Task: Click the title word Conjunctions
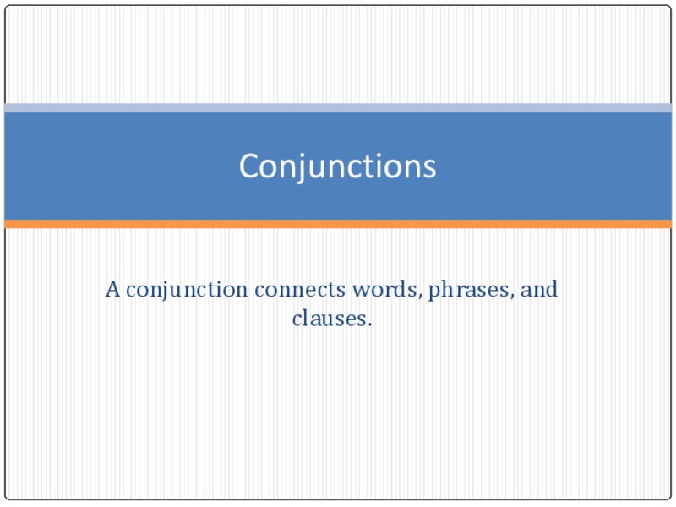coord(337,166)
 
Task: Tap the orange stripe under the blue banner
coord(338,224)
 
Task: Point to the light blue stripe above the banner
coord(338,108)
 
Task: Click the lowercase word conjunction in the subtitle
coord(188,291)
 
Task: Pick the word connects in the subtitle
coord(300,291)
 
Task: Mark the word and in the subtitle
coord(539,291)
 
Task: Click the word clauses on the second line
coord(330,320)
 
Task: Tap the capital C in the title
coord(249,166)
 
